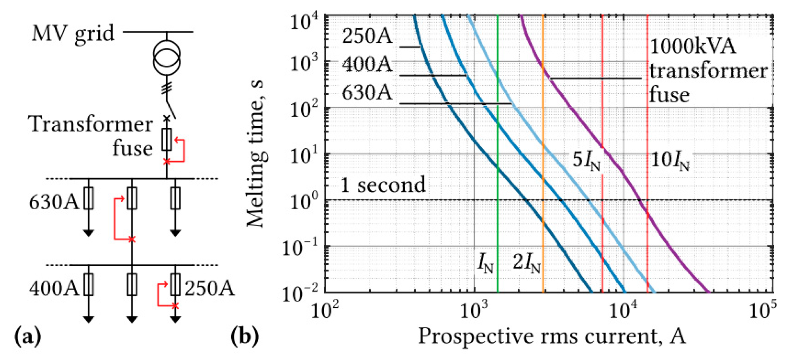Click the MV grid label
pos(73,33)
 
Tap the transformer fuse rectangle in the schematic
pos(167,139)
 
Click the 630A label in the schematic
pos(54,202)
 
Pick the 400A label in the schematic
pos(54,288)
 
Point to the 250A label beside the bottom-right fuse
pos(209,288)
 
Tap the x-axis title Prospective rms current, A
pos(552,335)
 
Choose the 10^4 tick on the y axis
pos(304,22)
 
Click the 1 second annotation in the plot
pos(383,185)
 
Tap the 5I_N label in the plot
pos(586,161)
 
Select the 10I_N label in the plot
pos(670,161)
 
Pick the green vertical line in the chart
pos(498,227)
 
